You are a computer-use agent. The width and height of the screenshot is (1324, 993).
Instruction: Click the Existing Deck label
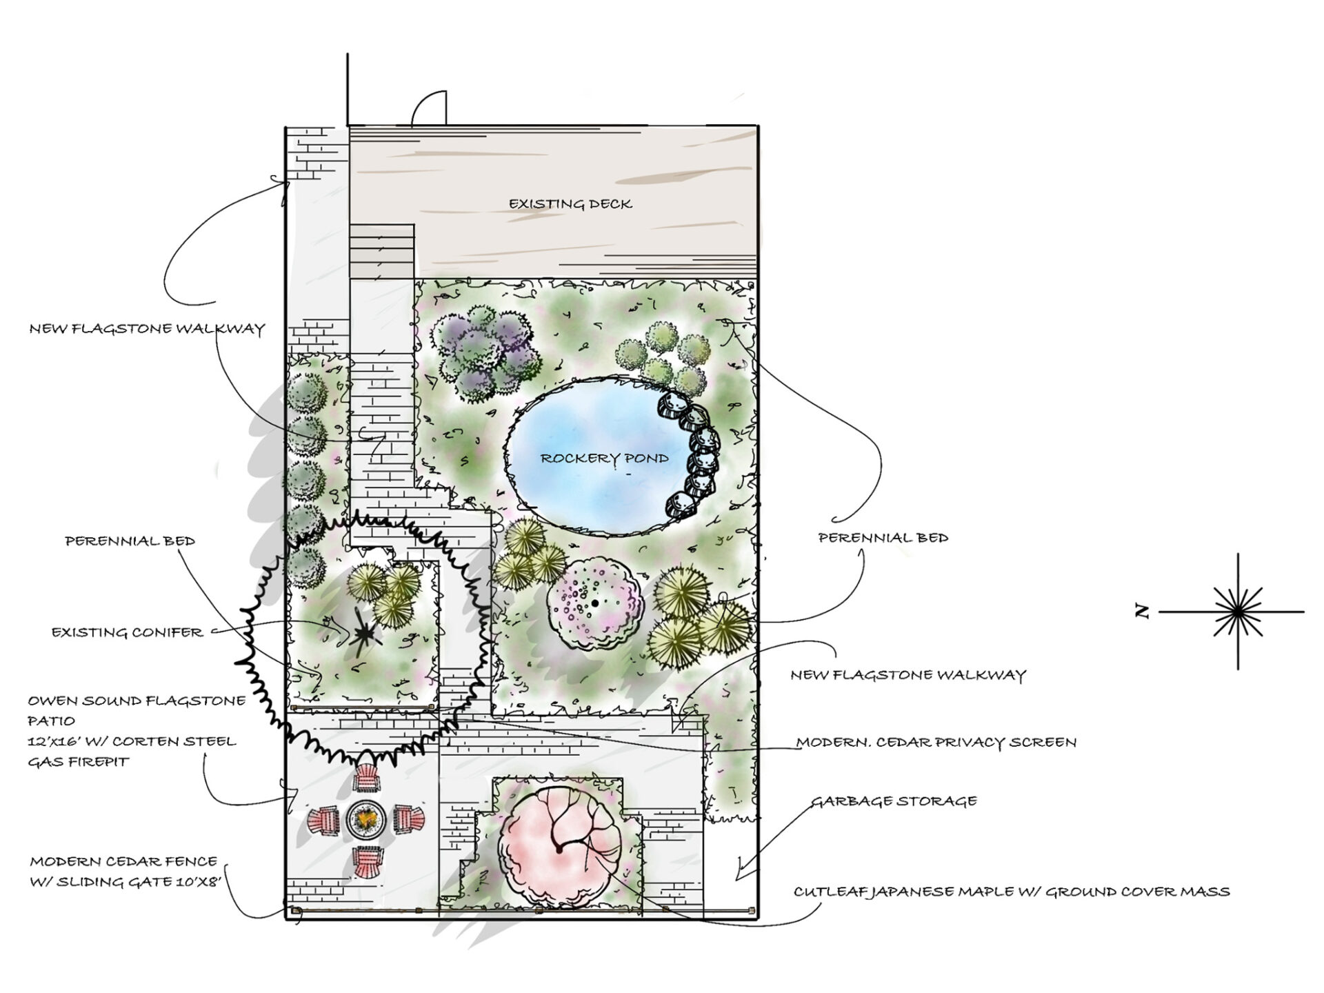(x=570, y=204)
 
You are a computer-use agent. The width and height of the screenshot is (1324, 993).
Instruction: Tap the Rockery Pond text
(x=604, y=459)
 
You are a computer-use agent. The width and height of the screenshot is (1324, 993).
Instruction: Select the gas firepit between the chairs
(x=366, y=819)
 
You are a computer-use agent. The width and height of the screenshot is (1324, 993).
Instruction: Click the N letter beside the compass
(x=1143, y=611)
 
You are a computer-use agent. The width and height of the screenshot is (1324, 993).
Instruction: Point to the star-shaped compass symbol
(x=1238, y=611)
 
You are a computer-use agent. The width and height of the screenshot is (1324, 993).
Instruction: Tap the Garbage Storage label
(x=893, y=801)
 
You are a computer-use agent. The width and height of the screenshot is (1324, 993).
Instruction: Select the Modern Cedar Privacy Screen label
(x=936, y=743)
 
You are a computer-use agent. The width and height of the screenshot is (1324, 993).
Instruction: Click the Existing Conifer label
(x=128, y=632)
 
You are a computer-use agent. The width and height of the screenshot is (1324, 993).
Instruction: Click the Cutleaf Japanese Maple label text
(x=1011, y=892)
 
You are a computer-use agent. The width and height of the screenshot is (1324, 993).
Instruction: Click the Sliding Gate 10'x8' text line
(x=126, y=882)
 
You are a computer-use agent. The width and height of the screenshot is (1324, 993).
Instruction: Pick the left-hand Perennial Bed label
(x=130, y=541)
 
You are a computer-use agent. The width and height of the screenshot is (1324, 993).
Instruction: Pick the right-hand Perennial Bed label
(x=883, y=538)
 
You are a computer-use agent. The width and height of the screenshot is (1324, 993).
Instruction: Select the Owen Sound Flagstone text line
(x=137, y=701)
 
